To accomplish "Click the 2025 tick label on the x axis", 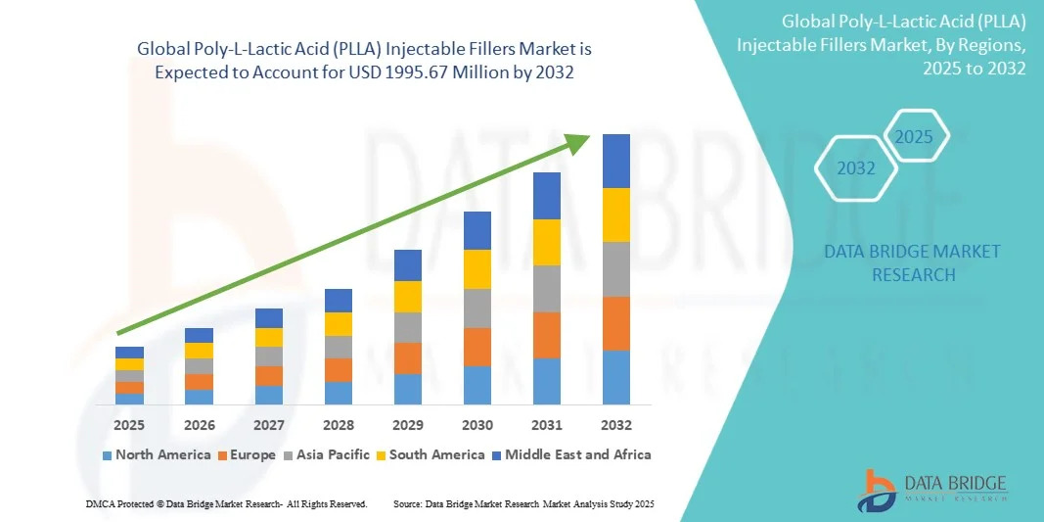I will (129, 425).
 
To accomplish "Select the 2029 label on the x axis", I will (408, 425).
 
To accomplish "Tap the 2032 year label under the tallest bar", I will (616, 425).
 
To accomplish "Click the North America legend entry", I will (157, 454).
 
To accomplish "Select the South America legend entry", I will (431, 454).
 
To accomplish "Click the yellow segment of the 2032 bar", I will (616, 214).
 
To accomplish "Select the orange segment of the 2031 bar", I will (547, 335).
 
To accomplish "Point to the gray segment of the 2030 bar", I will (477, 308).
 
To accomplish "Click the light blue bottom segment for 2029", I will (408, 389).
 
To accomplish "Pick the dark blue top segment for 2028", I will (339, 300).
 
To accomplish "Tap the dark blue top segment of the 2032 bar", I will (616, 161).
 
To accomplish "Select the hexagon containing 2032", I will (856, 168).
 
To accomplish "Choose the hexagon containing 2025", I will (915, 136).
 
